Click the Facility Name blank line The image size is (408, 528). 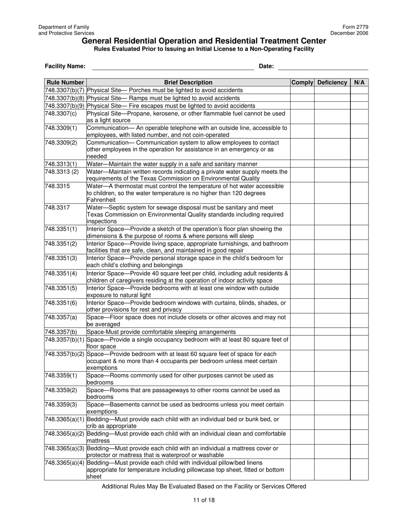(x=173, y=67)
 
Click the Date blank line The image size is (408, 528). (x=323, y=67)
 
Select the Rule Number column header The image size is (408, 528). (x=65, y=82)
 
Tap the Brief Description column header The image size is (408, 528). (x=188, y=82)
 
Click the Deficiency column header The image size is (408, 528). (x=332, y=82)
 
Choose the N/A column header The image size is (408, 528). (x=359, y=82)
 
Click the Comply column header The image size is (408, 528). (x=302, y=82)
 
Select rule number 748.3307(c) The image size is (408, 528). (x=61, y=113)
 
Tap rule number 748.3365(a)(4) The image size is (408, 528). (x=65, y=463)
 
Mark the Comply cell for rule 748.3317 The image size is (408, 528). (x=302, y=214)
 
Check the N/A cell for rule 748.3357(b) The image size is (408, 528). (x=359, y=332)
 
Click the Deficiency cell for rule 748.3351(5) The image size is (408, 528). (x=332, y=291)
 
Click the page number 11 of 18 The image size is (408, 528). (x=204, y=500)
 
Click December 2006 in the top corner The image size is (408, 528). (x=349, y=33)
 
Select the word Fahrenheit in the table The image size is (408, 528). (x=101, y=200)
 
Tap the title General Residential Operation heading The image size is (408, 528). (x=204, y=41)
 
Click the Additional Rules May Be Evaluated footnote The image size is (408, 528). (x=204, y=486)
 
